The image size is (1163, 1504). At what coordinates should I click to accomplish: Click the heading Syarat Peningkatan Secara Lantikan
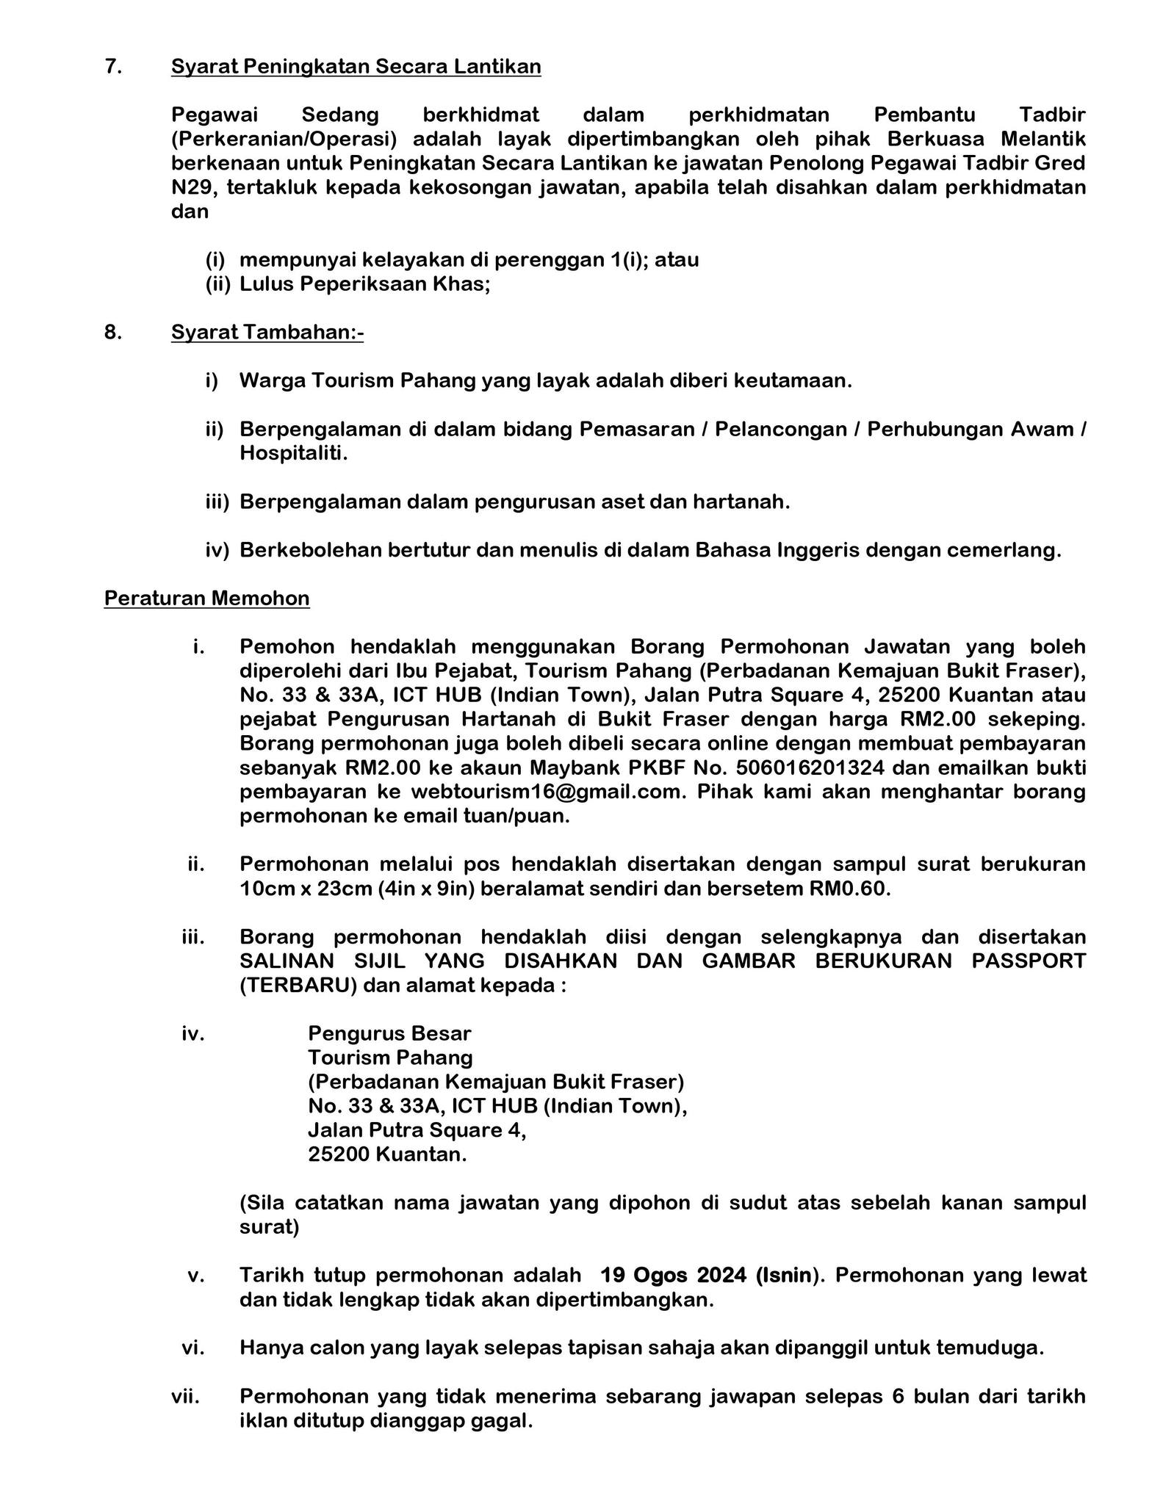tap(356, 67)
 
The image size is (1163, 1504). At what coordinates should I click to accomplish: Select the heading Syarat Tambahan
tap(267, 333)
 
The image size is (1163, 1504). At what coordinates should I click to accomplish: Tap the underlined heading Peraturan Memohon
tap(206, 599)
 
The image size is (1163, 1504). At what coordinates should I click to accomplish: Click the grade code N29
tap(193, 188)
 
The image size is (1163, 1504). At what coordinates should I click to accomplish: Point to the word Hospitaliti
tap(292, 454)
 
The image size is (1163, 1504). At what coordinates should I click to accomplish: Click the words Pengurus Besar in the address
tap(389, 1034)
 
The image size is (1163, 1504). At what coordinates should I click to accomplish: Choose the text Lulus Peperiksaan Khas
tap(364, 284)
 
